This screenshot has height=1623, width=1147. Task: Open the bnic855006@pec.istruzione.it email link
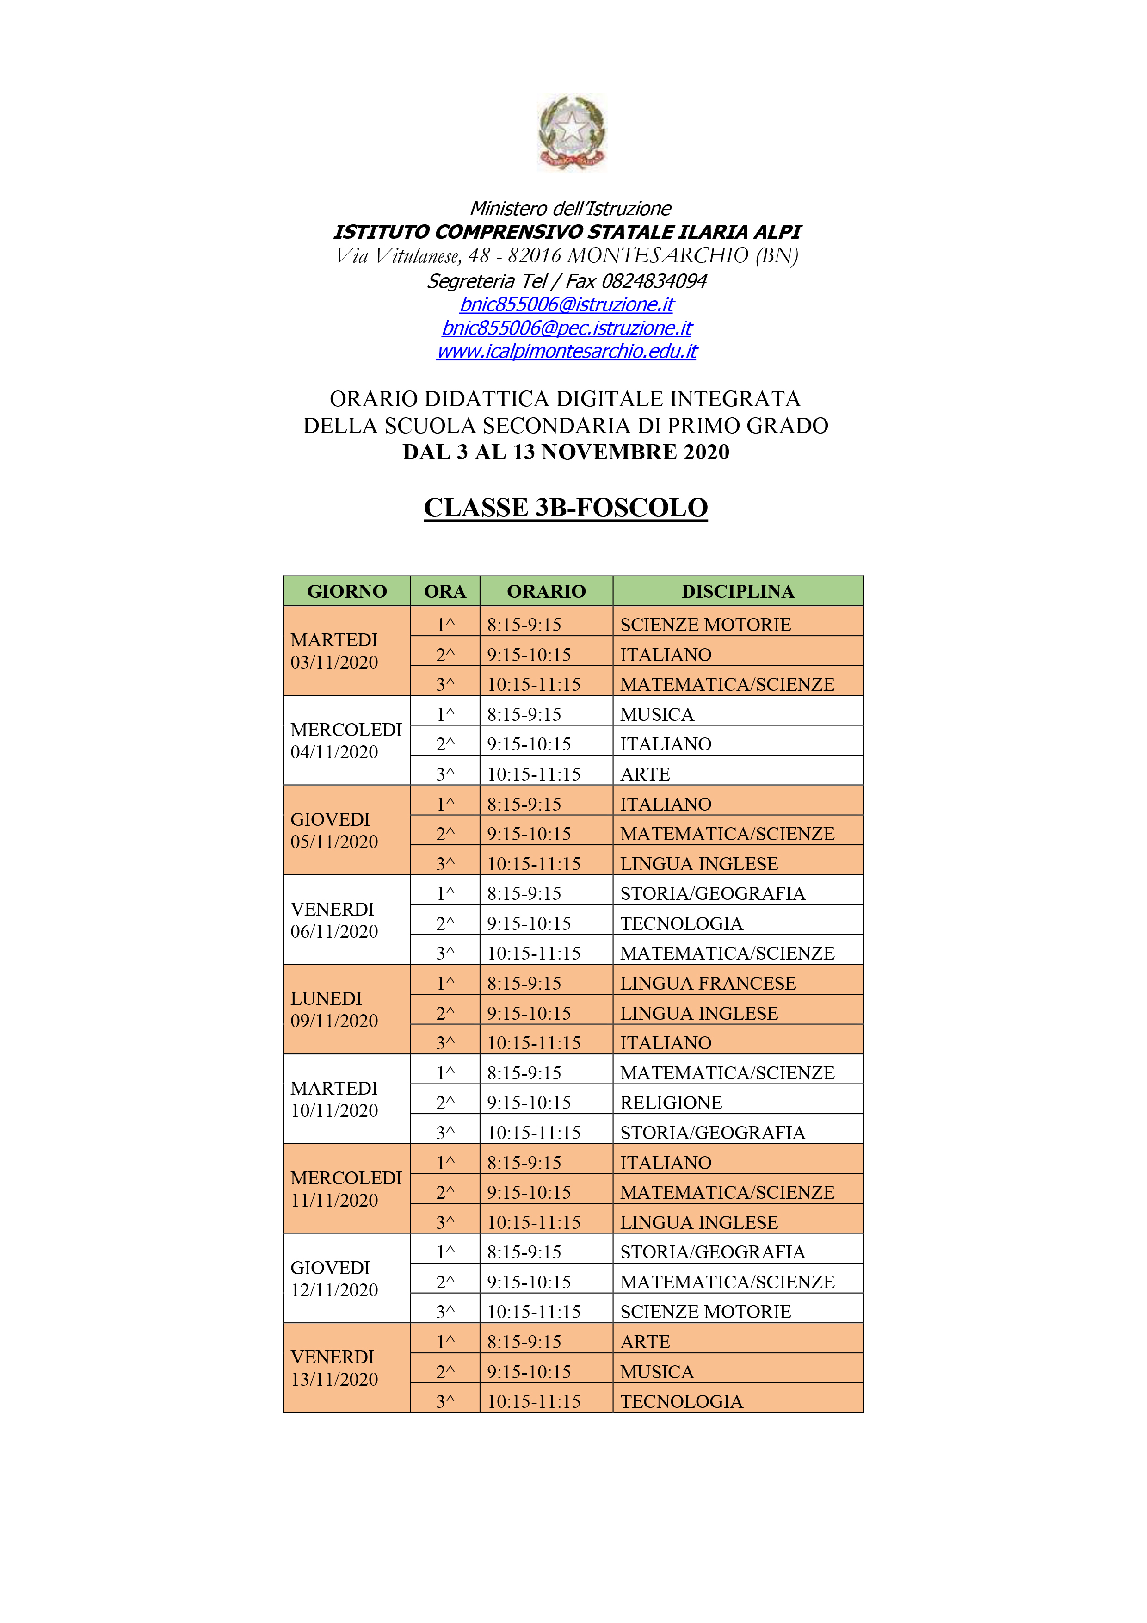[x=566, y=328]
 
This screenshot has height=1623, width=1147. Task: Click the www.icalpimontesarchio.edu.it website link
[x=566, y=351]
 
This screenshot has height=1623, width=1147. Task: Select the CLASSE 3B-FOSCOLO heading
[x=565, y=508]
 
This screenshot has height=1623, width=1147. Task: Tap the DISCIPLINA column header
[x=737, y=591]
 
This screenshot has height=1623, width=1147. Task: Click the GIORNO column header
[x=346, y=591]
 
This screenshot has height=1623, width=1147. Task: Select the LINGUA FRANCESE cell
[x=708, y=983]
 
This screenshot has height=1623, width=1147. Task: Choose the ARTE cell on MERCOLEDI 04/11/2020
[x=645, y=774]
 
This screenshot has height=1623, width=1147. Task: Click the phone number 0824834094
[x=654, y=281]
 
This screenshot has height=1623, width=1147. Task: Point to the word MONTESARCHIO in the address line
[x=657, y=255]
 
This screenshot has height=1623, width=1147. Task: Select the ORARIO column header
[x=546, y=591]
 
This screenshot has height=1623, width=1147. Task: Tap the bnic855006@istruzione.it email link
[x=566, y=305]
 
